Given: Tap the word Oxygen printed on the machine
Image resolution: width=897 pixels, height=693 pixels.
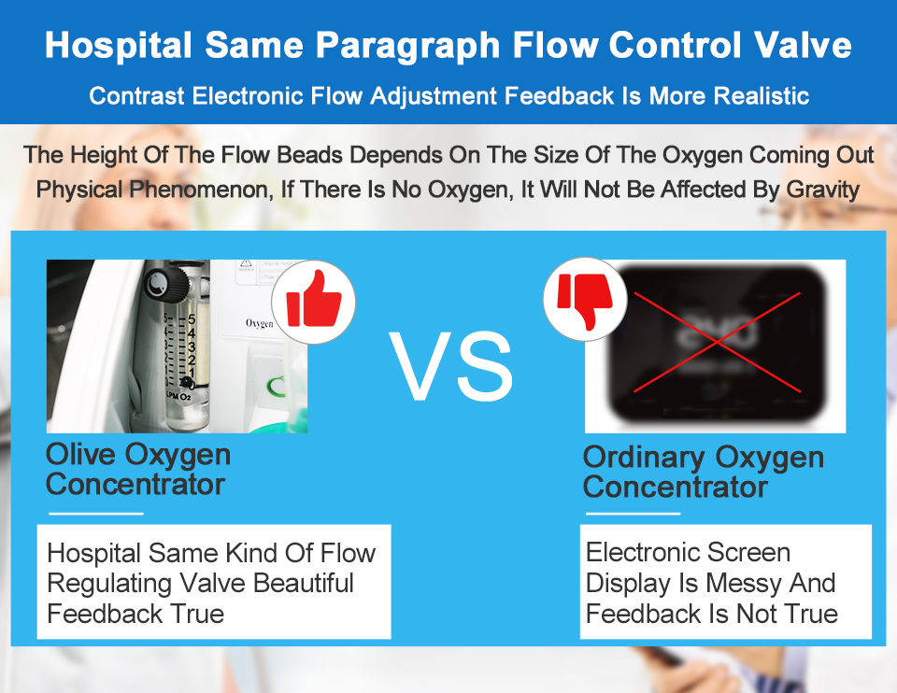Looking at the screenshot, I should coord(259,323).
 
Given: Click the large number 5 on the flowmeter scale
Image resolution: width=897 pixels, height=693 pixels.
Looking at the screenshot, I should coord(191,319).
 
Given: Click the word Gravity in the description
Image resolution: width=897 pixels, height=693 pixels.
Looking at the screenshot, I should coord(823,190).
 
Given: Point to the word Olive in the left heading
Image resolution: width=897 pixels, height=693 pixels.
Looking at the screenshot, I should coord(81,455).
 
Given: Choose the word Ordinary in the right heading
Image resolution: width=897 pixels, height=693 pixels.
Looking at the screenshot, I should coord(644,458).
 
